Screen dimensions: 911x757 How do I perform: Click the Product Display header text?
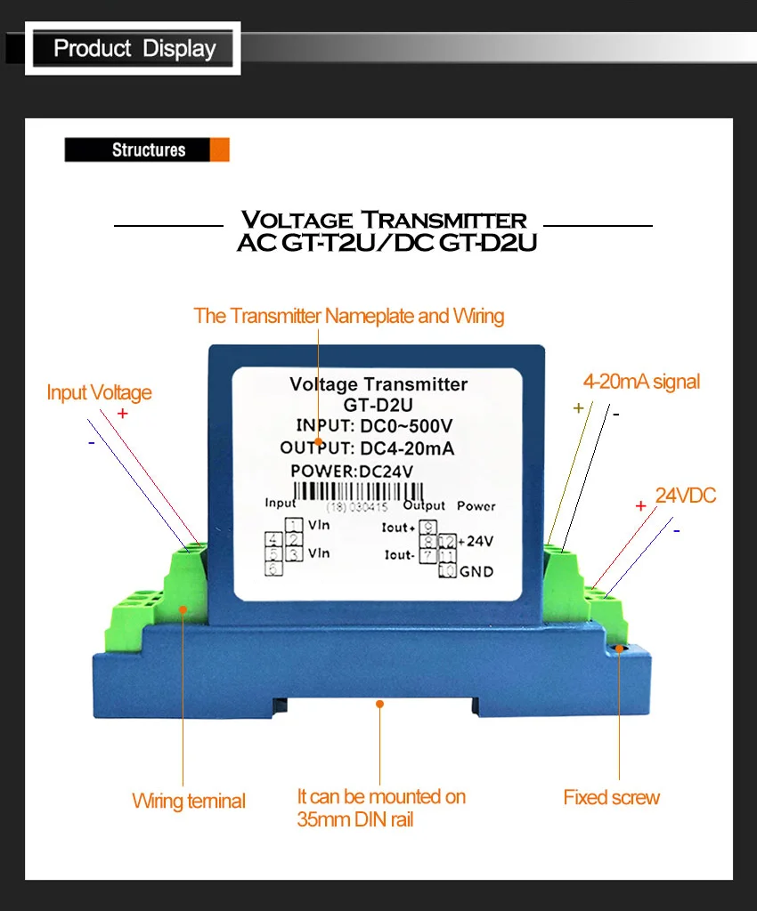coord(134,48)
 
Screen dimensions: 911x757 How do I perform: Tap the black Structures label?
coord(148,149)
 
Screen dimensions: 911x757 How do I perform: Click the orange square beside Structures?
coord(219,149)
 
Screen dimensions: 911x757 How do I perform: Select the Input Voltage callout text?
coord(99,392)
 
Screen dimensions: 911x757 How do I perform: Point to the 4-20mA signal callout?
coord(641,382)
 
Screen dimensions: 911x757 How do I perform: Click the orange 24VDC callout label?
coord(686,496)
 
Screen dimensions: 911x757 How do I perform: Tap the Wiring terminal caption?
coord(188,801)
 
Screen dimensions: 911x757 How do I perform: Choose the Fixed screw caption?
coord(611,797)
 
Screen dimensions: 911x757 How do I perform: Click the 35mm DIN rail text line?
coord(355,819)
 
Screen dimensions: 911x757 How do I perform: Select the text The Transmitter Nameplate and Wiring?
coord(349,316)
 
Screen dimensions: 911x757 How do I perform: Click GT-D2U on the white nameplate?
coord(378,404)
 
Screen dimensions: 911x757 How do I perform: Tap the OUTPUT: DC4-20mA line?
coord(367,448)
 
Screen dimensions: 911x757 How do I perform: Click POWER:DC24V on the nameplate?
coord(352,471)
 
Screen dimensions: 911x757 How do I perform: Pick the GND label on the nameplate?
coord(476,571)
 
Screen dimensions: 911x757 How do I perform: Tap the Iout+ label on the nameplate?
coord(398,528)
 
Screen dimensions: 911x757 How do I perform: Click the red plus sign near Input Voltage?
coord(122,414)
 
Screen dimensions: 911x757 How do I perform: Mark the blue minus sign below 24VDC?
coord(677,531)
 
